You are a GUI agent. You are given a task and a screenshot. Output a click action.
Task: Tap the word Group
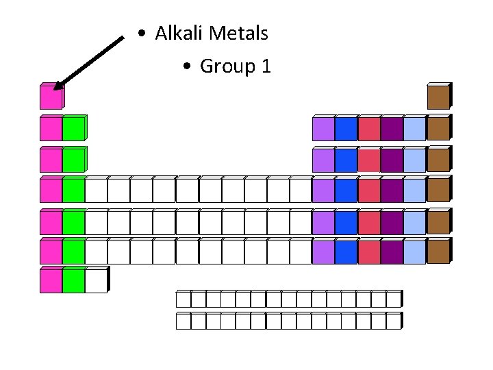click(x=225, y=66)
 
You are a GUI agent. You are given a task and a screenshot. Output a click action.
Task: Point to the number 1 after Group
click(x=266, y=66)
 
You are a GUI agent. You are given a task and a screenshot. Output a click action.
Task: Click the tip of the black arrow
click(x=55, y=88)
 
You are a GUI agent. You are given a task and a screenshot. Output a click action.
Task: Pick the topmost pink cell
click(x=50, y=98)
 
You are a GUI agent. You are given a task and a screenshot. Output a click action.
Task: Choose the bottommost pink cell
click(x=50, y=282)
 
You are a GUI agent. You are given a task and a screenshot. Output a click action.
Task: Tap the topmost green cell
click(x=73, y=129)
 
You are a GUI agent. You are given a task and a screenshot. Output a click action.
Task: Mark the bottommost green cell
click(x=73, y=282)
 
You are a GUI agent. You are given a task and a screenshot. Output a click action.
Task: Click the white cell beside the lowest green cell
click(x=96, y=282)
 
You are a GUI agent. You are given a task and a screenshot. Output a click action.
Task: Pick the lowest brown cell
click(x=438, y=252)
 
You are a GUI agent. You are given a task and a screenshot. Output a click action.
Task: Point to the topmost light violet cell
click(x=323, y=129)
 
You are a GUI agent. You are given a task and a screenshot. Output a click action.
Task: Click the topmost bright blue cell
click(x=346, y=129)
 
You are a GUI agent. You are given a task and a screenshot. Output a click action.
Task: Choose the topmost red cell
click(x=368, y=129)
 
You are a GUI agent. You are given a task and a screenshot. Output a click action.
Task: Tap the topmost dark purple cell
click(x=391, y=129)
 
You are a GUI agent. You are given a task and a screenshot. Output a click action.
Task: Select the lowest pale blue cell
click(x=414, y=252)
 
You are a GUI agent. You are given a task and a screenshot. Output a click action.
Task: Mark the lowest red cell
click(x=368, y=252)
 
